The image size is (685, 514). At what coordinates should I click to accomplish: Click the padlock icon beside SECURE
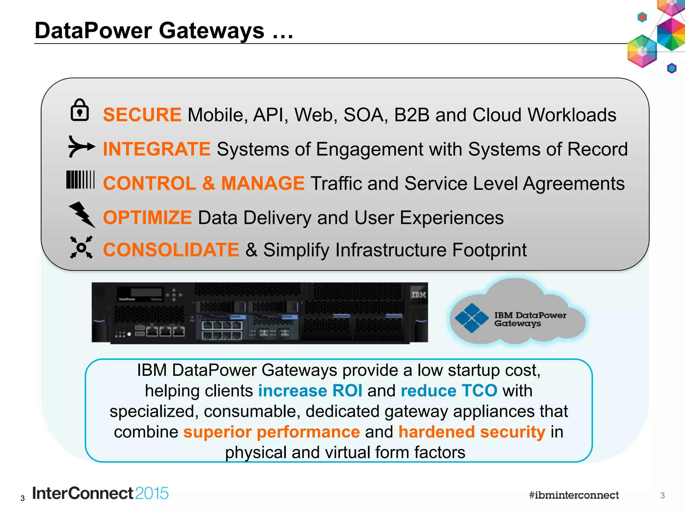pos(80,110)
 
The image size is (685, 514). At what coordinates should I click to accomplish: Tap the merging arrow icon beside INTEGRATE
pos(81,147)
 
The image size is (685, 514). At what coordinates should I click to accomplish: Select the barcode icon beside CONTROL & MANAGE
pos(80,180)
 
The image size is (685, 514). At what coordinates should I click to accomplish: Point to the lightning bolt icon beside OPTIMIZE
pos(82,215)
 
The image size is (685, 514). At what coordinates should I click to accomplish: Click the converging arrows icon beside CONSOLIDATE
pos(81,248)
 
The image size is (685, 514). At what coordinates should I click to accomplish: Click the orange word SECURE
pos(142,115)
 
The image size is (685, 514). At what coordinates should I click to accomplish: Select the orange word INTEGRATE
pos(157,149)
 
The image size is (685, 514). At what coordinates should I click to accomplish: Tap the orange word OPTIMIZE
pos(147,218)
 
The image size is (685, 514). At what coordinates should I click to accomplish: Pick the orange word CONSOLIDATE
pos(171,250)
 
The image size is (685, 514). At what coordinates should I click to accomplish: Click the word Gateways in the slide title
pos(211,31)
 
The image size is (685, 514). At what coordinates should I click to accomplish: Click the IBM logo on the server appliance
pos(418,295)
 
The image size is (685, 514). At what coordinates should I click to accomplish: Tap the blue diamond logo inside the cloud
pos(472,318)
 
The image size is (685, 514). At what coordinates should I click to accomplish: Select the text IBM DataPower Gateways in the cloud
pos(530,319)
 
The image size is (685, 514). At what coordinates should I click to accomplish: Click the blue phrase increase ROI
pos(310,391)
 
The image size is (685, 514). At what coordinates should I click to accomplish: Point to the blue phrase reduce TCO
pos(449,391)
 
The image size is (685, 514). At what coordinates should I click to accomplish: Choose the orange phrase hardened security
pos(472,432)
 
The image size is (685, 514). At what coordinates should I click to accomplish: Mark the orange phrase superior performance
pos(272,432)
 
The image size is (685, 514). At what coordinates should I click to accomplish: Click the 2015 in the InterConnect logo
pos(152,494)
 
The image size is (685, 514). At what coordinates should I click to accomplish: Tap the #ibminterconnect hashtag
pos(574,495)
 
